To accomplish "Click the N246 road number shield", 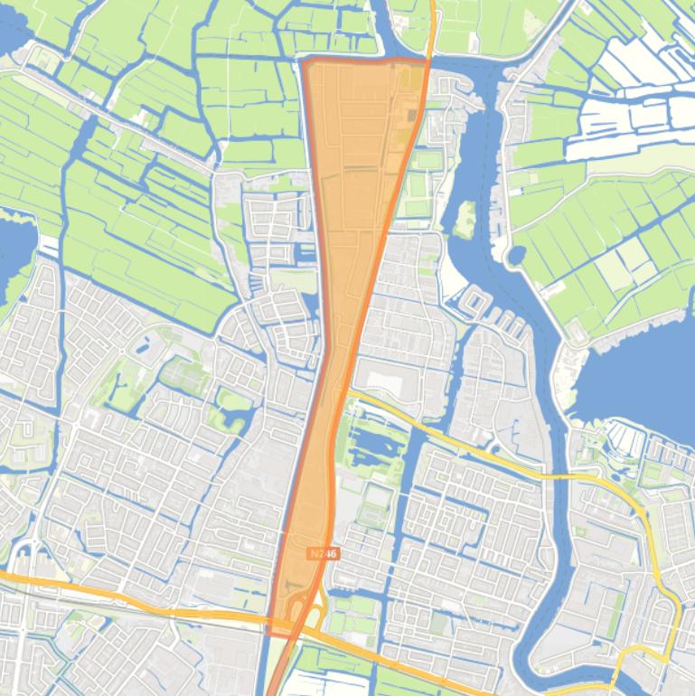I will click(322, 552).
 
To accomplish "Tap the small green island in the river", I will click(465, 217).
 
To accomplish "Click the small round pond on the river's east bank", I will click(516, 257).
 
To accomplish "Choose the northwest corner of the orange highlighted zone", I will click(305, 61).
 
